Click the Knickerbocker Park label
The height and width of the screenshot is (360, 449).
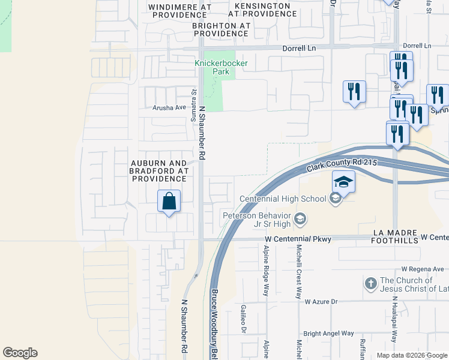tap(212, 67)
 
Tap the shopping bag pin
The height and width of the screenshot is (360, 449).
tap(169, 202)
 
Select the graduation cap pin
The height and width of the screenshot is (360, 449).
tap(344, 182)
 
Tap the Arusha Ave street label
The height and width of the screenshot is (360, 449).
tap(169, 107)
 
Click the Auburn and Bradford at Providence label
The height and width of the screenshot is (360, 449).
tap(160, 171)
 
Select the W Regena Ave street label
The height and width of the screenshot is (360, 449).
tap(423, 269)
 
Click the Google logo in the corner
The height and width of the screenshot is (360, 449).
tap(20, 353)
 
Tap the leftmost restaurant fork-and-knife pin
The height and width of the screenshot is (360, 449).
tap(354, 92)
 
